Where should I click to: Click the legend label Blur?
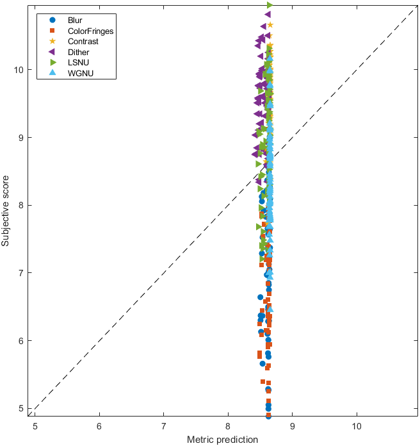click(x=75, y=20)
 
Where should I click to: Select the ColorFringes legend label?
click(x=90, y=31)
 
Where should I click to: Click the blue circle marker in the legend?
click(x=53, y=20)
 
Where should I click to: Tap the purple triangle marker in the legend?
click(x=53, y=52)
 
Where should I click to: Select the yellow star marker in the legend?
click(x=53, y=42)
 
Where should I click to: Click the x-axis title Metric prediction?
click(x=222, y=440)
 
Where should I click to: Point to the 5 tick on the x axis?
click(x=35, y=425)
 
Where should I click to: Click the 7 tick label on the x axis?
click(x=164, y=425)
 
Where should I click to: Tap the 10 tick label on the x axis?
click(x=357, y=425)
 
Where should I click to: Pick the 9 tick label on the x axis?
click(x=293, y=425)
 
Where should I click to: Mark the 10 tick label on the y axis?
click(x=20, y=70)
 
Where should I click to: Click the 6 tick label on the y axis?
click(x=22, y=340)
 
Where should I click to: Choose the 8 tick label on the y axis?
click(x=22, y=205)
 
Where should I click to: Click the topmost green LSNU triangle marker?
click(x=270, y=5)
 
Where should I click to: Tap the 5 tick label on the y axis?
click(x=22, y=408)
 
